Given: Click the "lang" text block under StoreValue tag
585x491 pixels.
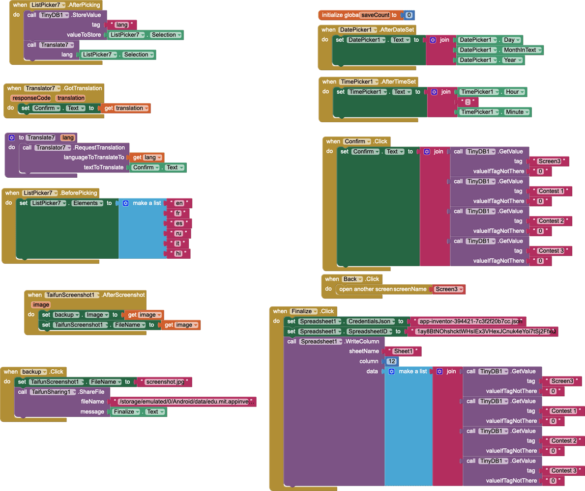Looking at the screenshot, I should [x=121, y=25].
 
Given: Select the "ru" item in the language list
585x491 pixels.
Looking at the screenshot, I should [x=179, y=233].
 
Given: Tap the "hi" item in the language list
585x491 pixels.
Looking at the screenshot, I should [x=178, y=253].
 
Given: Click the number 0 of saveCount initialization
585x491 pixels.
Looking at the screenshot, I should [x=409, y=15].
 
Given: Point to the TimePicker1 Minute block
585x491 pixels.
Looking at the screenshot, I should [x=494, y=112].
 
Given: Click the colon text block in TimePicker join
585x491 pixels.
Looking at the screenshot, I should [x=468, y=102].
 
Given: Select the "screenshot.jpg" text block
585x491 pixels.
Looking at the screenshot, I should [x=165, y=382].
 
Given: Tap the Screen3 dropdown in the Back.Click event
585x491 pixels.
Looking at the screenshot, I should [x=448, y=289].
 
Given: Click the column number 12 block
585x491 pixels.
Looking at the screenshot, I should [x=391, y=361].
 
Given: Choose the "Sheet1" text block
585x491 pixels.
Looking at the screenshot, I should [x=403, y=351].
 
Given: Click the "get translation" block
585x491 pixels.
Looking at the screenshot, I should [x=126, y=108].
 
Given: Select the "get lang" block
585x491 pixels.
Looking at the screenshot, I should [x=147, y=157].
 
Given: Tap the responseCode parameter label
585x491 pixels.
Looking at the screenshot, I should [x=31, y=98].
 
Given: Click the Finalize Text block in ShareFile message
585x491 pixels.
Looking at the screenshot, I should [x=139, y=411].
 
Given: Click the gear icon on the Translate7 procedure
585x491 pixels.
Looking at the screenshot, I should [x=12, y=137].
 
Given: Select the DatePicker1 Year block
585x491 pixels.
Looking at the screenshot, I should [x=490, y=60].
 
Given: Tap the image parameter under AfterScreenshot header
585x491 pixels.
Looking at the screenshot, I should [x=41, y=304].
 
